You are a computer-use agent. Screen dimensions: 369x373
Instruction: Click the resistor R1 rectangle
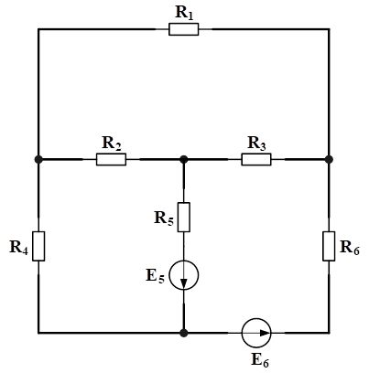[x=183, y=29]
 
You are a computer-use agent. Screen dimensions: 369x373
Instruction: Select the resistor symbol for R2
[x=111, y=159]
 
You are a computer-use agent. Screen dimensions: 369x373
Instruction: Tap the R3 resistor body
[x=256, y=159]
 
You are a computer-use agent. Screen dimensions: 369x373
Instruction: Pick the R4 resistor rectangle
[x=38, y=246]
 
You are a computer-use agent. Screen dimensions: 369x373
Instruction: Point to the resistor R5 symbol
[x=184, y=218]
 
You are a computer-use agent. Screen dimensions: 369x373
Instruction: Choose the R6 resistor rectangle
[x=329, y=246]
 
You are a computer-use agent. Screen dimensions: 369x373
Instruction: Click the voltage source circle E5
[x=184, y=275]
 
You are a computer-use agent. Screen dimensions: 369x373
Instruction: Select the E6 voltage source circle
[x=256, y=333]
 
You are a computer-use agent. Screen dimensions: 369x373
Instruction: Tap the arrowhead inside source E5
[x=184, y=283]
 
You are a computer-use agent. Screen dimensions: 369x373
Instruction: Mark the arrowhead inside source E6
[x=265, y=333]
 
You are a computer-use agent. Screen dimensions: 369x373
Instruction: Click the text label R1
[x=184, y=13]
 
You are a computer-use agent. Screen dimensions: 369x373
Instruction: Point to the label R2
[x=112, y=143]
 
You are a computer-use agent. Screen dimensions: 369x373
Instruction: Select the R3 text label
[x=256, y=143]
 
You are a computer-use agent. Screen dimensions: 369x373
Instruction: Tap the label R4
[x=19, y=247]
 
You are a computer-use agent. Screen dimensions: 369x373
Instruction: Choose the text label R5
[x=164, y=218]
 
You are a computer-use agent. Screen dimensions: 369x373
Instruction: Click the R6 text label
[x=350, y=247]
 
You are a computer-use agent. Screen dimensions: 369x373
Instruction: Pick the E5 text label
[x=156, y=276]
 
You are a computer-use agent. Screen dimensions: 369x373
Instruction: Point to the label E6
[x=260, y=360]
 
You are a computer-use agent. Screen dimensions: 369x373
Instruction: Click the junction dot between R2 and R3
[x=184, y=159]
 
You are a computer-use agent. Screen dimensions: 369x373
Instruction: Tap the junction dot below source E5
[x=184, y=333]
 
